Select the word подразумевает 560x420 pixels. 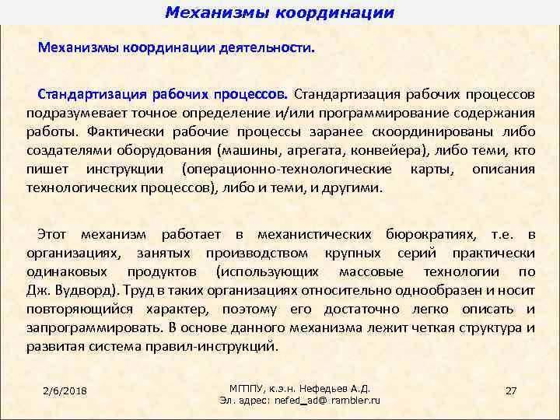point(67,114)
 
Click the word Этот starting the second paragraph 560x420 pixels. point(53,234)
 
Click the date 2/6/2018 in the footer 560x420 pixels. point(65,390)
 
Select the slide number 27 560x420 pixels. point(511,390)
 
